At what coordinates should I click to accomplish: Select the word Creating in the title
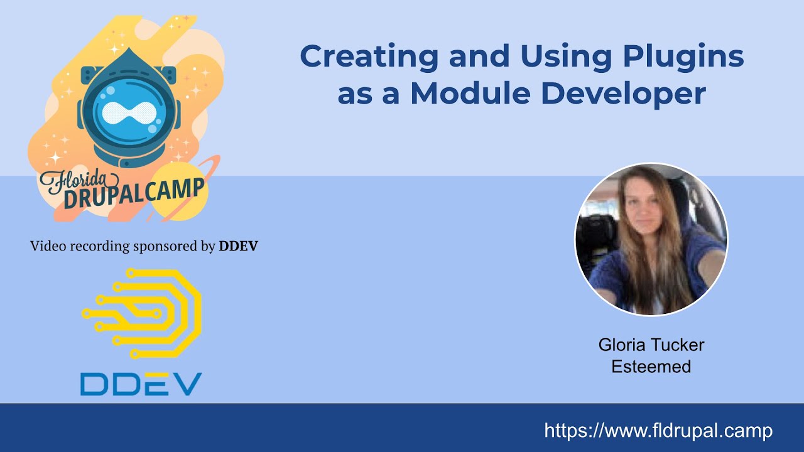368,56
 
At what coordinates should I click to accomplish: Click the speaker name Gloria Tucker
651,345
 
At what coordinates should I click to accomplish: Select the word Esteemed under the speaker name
651,367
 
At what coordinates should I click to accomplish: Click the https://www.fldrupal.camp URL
658,431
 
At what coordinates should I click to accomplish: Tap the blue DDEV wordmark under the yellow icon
141,384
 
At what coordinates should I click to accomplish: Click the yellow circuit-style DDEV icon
142,313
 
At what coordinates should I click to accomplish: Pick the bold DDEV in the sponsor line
238,246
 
